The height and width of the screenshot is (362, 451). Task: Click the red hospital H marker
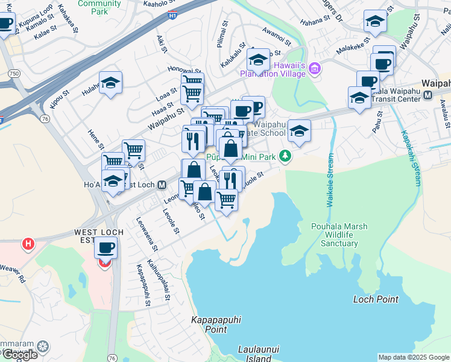27,244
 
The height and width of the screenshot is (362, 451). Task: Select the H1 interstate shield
173,16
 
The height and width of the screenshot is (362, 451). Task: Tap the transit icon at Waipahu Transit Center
427,95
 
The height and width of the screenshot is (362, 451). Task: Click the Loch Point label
376,299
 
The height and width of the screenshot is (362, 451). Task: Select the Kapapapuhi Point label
209,325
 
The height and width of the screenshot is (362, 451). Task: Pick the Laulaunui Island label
254,354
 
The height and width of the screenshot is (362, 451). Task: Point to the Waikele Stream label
330,181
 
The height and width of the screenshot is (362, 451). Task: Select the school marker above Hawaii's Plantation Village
258,60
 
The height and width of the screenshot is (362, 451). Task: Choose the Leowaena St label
147,235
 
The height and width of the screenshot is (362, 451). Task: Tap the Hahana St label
317,19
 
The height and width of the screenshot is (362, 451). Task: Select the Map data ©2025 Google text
414,357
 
